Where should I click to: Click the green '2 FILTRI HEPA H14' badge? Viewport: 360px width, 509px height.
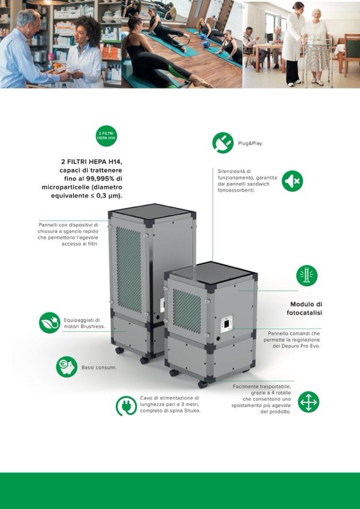[x=107, y=136]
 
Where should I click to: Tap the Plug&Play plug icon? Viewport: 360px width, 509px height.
[x=222, y=143]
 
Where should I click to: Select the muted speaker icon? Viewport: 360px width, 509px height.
[x=292, y=181]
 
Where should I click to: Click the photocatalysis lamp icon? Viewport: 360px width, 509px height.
[x=307, y=275]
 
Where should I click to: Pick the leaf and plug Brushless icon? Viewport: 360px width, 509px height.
[x=50, y=323]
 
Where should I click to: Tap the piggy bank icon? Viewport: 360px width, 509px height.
[x=67, y=367]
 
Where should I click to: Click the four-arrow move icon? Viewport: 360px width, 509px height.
[x=308, y=402]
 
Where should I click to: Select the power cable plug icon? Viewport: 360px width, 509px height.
[x=126, y=406]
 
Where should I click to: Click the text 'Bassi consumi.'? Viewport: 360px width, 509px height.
[x=99, y=367]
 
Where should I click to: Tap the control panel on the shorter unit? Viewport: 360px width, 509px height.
[x=227, y=324]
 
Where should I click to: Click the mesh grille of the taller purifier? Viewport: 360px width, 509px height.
[x=129, y=270]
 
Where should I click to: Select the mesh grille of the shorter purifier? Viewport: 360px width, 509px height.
[x=187, y=311]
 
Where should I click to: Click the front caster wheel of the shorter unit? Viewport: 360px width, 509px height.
[x=202, y=384]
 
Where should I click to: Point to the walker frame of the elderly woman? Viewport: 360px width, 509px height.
[x=318, y=62]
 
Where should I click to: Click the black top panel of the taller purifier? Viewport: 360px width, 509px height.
[x=152, y=211]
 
